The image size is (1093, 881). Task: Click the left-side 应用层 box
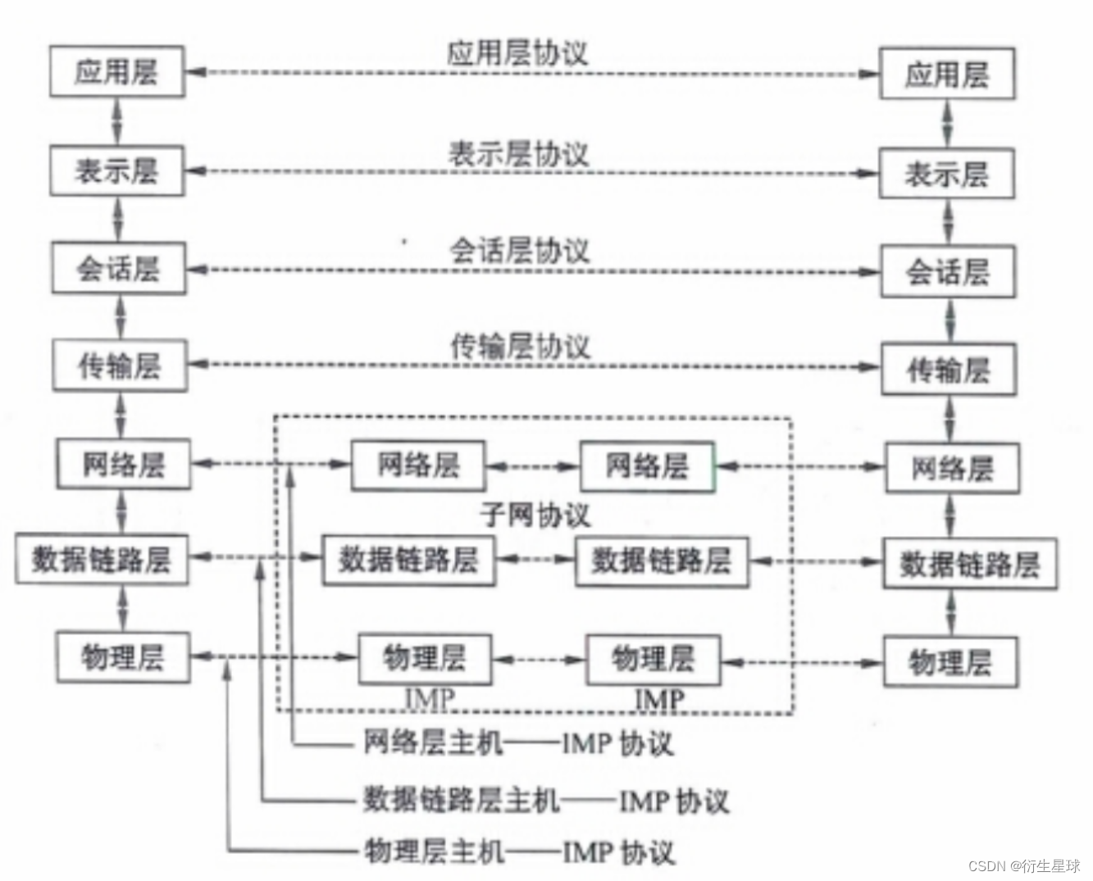(x=116, y=72)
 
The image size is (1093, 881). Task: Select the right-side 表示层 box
(x=946, y=174)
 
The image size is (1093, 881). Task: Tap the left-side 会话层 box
(x=118, y=268)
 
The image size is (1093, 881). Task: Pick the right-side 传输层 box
(x=948, y=370)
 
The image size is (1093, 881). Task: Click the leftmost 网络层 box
(x=123, y=465)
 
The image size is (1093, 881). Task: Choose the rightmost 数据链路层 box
(x=969, y=564)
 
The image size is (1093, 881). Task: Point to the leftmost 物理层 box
(x=123, y=657)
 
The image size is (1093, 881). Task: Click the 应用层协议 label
(x=517, y=52)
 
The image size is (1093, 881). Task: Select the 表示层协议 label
(x=518, y=153)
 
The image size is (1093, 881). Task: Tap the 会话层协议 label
(x=519, y=250)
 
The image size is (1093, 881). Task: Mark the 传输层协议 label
(x=520, y=347)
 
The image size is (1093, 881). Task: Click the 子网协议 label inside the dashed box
(x=535, y=515)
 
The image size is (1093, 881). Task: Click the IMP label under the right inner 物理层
(x=659, y=699)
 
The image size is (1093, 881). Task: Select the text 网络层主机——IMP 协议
(x=517, y=743)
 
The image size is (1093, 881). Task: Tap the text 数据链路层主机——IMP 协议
(x=545, y=799)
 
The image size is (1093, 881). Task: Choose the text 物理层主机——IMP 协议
(x=519, y=852)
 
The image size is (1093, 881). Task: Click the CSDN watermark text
(x=1023, y=866)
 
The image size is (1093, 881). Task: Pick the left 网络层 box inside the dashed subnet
(x=417, y=465)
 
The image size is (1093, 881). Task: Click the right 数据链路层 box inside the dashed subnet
(x=661, y=561)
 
